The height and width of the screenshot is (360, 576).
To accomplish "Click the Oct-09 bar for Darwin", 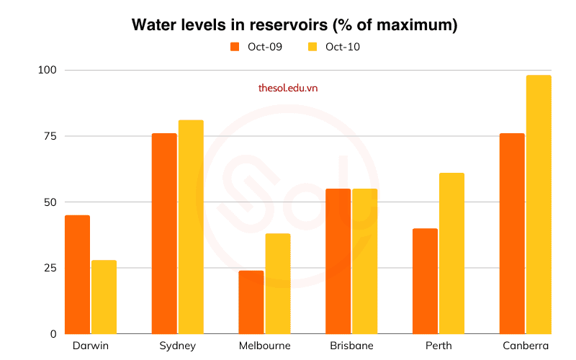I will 78,274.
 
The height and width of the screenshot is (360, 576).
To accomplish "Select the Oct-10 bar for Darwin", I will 104,297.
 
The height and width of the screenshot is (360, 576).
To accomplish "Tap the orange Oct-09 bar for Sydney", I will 164,233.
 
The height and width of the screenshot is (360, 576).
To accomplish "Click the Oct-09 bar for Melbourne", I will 251,302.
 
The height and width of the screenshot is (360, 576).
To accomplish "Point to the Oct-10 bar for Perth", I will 452,253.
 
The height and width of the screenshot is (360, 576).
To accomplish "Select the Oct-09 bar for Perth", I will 426,281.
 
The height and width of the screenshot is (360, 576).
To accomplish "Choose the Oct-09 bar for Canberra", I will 512,233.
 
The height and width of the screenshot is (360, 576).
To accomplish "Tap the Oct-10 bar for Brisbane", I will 365,261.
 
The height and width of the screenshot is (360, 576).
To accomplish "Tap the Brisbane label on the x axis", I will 352,346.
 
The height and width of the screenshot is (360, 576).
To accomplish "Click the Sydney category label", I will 177,346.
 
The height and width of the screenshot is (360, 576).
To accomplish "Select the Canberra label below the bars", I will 526,346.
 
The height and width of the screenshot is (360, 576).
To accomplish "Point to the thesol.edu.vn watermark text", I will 288,88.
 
